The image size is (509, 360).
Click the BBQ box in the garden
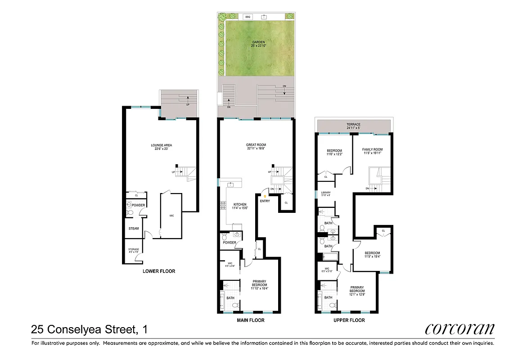click(x=247, y=17)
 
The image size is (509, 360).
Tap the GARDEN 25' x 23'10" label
click(x=258, y=44)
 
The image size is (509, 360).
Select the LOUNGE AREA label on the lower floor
click(x=161, y=147)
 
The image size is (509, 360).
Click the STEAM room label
click(x=134, y=229)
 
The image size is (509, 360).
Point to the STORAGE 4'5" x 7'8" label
click(x=134, y=251)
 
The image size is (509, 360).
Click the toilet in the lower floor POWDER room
click(x=130, y=212)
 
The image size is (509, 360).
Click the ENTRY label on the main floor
click(x=265, y=201)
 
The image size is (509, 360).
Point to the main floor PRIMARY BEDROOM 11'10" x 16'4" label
click(x=259, y=285)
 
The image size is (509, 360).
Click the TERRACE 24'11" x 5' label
click(x=353, y=126)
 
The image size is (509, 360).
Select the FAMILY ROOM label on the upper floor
click(x=372, y=151)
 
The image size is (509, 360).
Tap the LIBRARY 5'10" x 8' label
click(x=326, y=194)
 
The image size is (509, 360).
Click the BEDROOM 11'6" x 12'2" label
click(x=334, y=152)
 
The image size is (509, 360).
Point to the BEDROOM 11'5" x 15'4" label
click(x=372, y=255)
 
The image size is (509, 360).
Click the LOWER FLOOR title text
click(x=158, y=271)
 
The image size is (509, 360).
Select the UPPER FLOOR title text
click(x=349, y=320)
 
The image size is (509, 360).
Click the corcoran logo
click(x=459, y=329)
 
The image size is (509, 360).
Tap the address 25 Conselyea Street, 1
click(x=89, y=330)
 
